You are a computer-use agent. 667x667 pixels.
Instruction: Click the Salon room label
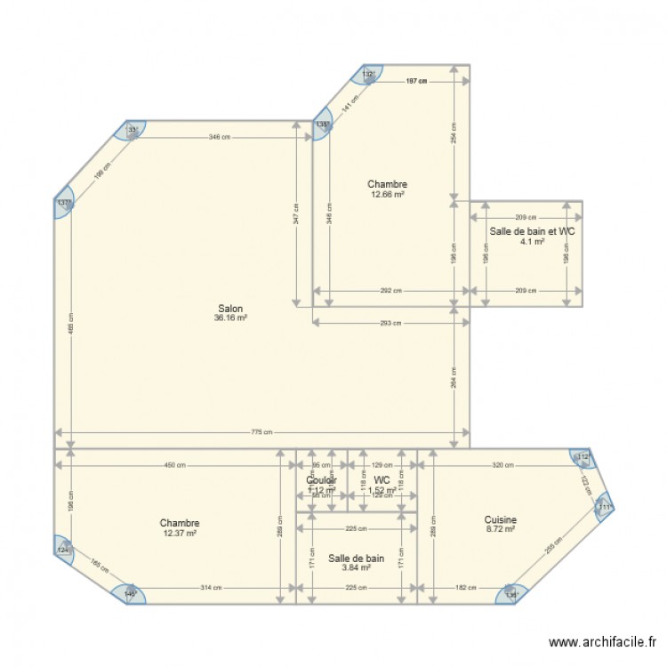[x=230, y=309]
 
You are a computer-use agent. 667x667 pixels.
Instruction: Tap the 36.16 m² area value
[x=230, y=317]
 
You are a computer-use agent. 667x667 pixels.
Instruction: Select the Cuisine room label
[x=501, y=520]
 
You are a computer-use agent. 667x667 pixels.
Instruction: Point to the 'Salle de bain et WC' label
[x=532, y=230]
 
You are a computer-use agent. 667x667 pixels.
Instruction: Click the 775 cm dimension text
[x=261, y=433]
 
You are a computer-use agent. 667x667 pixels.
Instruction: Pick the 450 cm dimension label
[x=174, y=464]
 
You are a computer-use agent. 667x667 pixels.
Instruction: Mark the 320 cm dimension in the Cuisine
[x=502, y=464]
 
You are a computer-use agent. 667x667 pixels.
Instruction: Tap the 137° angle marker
[x=63, y=203]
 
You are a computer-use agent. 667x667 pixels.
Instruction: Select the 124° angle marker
[x=63, y=550]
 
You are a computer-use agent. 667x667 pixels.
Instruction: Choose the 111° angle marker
[x=604, y=508]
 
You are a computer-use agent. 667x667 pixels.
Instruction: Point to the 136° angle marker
[x=511, y=595]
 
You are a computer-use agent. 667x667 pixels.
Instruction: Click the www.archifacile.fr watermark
[x=602, y=641]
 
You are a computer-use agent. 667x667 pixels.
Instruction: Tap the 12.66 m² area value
[x=387, y=194]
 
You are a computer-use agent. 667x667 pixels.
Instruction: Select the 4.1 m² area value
[x=532, y=240]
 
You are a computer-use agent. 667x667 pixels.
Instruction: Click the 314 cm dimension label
[x=211, y=588]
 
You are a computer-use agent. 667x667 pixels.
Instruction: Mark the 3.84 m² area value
[x=356, y=567]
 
